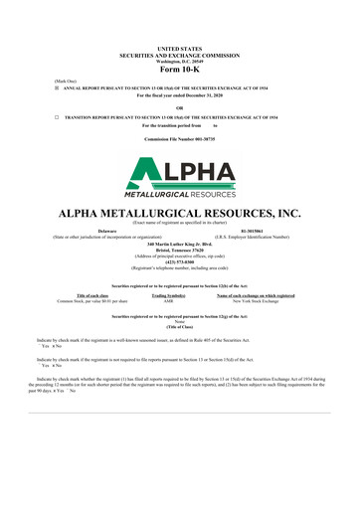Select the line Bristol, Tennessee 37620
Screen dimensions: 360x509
180,250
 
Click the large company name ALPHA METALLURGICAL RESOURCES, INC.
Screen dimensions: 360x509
180,213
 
